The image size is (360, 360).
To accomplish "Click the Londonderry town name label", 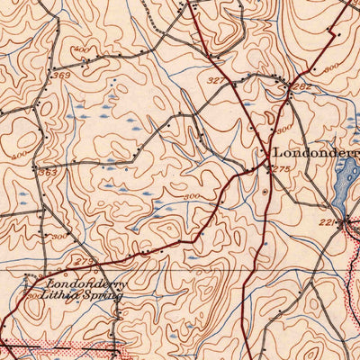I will tap(316, 153).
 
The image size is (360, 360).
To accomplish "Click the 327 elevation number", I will tap(215, 80).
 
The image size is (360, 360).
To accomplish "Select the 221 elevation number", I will tap(326, 220).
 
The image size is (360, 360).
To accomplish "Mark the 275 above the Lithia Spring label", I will tap(85, 261).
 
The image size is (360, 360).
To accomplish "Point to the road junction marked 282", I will tap(288, 87).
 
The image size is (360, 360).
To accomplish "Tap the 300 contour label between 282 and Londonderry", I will tap(284, 130).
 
